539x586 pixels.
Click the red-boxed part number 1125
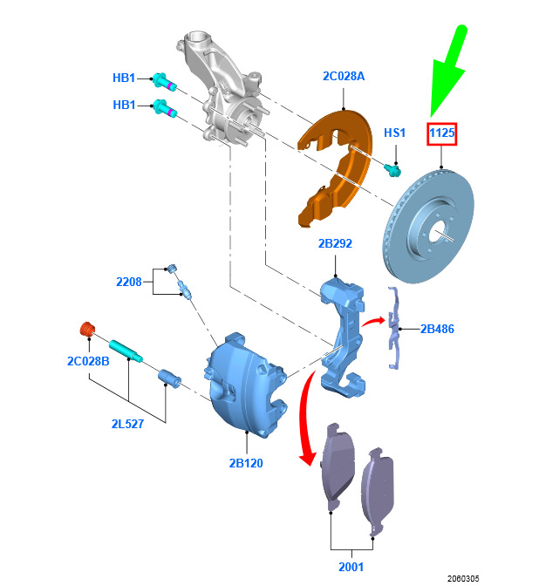pos(442,133)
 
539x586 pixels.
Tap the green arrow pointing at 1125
pos(448,70)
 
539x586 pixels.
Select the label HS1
pos(394,133)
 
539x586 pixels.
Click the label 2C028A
pos(343,76)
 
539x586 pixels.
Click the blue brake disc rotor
pos(428,226)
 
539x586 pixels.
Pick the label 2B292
pos(335,243)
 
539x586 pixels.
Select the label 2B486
pos(437,329)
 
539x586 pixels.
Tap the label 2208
pos(128,282)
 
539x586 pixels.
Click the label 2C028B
pos(88,361)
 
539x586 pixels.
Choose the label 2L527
pos(127,424)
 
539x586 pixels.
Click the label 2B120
pos(246,463)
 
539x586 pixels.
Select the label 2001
pos(351,567)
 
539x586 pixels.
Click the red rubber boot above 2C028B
pos(88,329)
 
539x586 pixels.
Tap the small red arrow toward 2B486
pos(373,322)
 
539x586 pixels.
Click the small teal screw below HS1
pos(392,170)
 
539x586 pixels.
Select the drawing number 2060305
pos(463,578)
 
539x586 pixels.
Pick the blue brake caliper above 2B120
pos(246,385)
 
